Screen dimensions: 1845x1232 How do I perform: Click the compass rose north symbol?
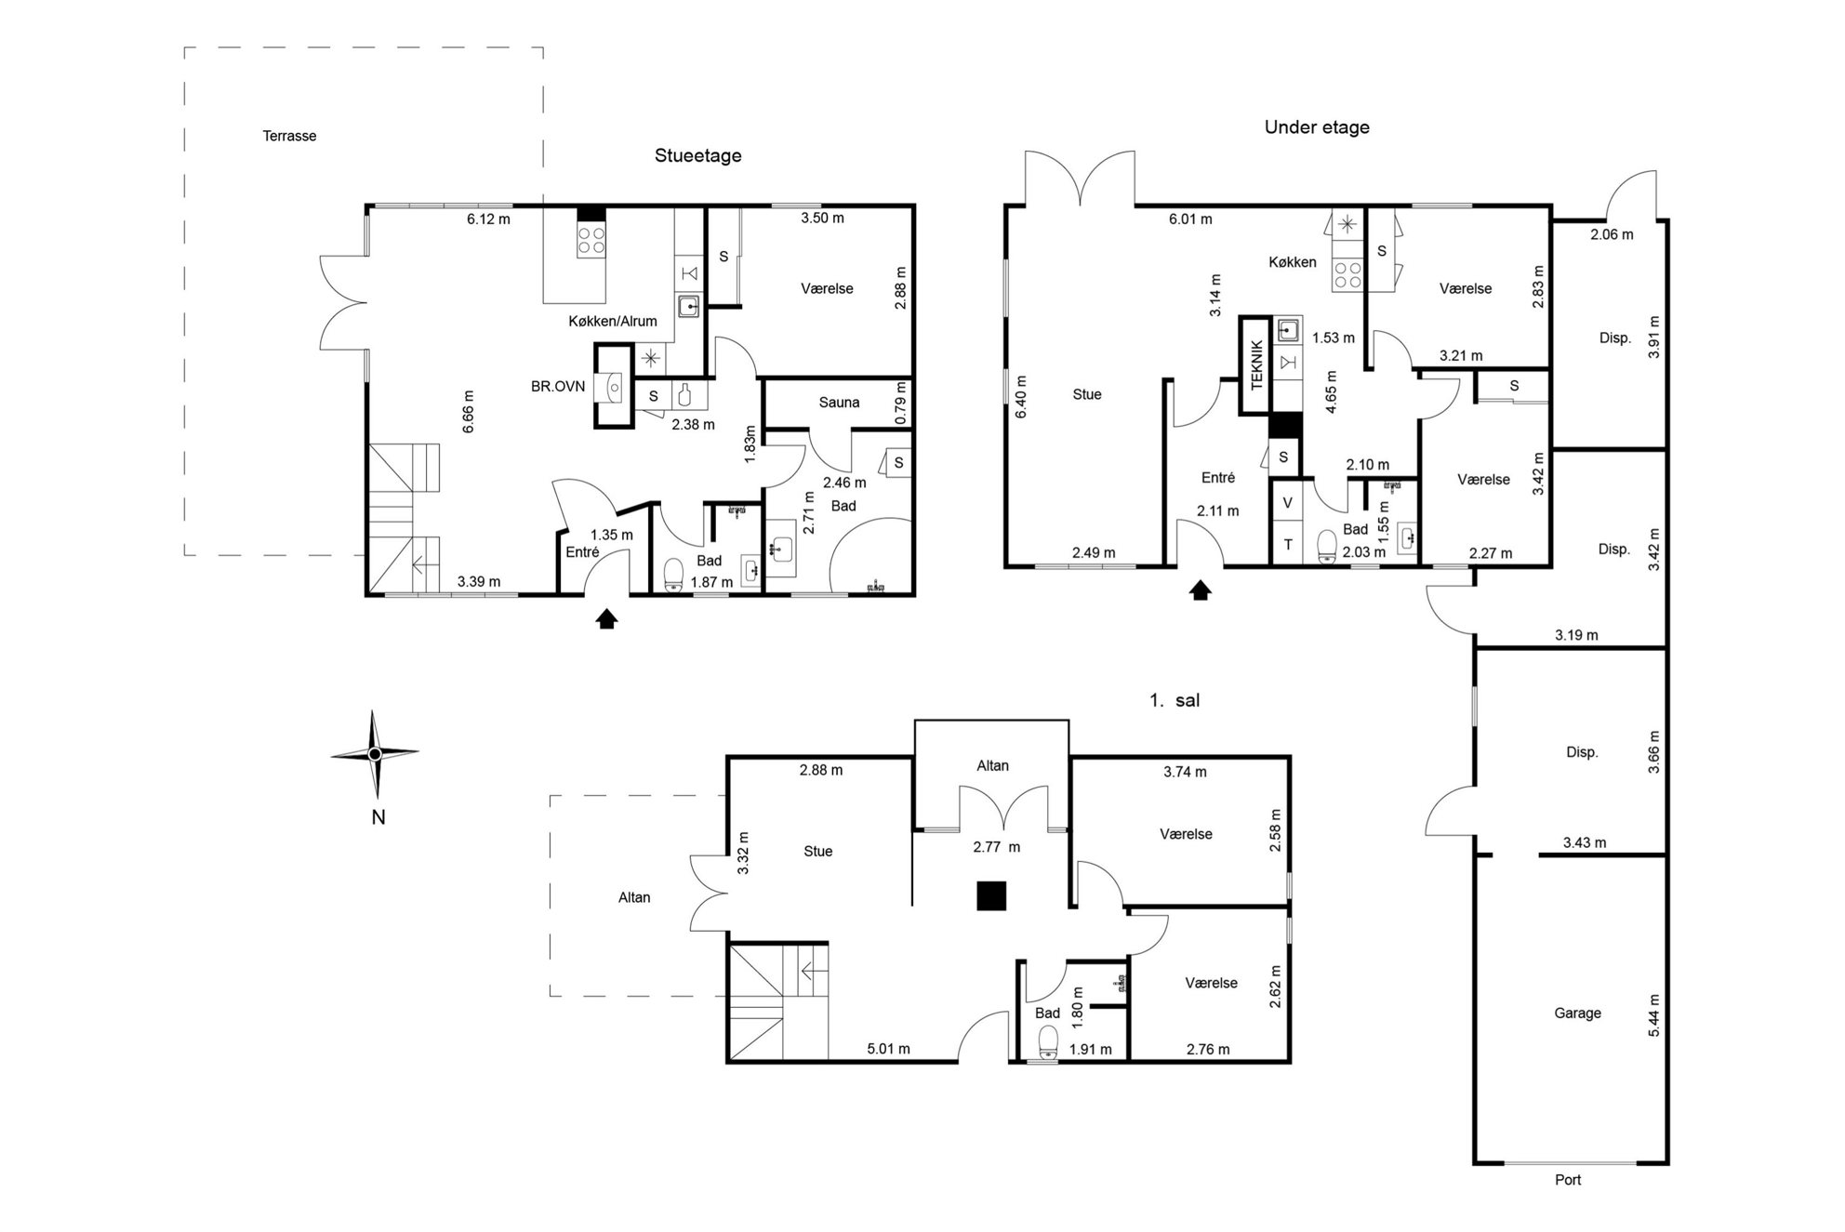[375, 754]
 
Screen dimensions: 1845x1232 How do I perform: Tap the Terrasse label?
[289, 136]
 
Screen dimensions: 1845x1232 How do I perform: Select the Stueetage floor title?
[697, 155]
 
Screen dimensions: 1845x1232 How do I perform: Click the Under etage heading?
[1317, 127]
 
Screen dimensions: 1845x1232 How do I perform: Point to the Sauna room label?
[839, 403]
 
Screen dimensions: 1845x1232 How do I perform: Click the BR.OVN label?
[558, 386]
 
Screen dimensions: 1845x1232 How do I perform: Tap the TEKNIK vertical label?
[1257, 364]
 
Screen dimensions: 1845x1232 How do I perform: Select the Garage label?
[1577, 1013]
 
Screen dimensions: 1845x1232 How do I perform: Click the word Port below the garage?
[1568, 1179]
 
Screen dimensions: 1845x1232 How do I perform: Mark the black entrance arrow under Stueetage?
[606, 618]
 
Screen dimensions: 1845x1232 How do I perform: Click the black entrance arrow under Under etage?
[1201, 590]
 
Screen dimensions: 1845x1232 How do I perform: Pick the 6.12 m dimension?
[488, 219]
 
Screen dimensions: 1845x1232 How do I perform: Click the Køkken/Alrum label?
[613, 321]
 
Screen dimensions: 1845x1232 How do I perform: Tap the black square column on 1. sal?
[991, 895]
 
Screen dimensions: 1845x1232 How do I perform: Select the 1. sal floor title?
[1175, 700]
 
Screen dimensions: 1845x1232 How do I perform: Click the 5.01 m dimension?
[888, 1049]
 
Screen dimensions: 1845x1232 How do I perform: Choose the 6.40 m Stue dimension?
[1021, 397]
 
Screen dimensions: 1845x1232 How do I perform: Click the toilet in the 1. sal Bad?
[1048, 1043]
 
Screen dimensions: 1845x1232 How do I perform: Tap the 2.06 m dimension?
[1612, 234]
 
